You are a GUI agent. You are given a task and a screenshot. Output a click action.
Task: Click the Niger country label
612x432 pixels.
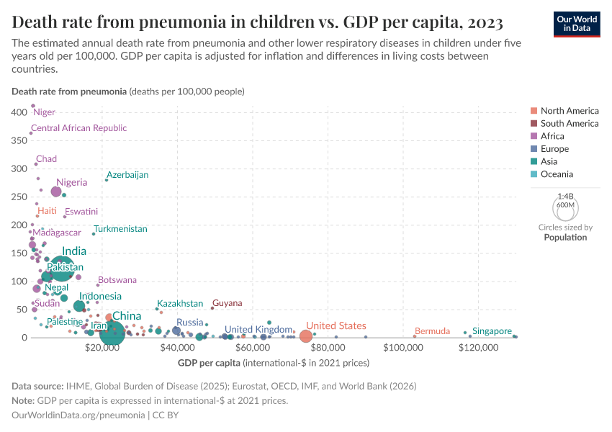tap(45, 112)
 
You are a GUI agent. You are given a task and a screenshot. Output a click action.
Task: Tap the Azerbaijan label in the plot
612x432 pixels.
tap(127, 175)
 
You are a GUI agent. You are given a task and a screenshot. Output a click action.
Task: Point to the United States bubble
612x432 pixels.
tap(306, 336)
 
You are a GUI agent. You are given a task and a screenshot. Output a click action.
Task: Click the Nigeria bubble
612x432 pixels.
tap(56, 192)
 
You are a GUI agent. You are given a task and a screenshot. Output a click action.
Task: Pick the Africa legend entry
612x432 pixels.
tap(552, 136)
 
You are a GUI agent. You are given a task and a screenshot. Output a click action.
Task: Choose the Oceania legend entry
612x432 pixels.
tap(557, 174)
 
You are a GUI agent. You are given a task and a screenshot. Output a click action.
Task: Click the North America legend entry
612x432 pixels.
tap(569, 111)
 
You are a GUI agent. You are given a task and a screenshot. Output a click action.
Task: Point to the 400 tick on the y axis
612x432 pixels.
tap(19, 113)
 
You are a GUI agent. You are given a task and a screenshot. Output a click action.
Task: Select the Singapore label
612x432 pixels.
tap(492, 331)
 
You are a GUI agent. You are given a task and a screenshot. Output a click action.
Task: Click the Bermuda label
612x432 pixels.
tap(433, 331)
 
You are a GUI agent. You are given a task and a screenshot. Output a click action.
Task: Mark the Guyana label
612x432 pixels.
tap(228, 303)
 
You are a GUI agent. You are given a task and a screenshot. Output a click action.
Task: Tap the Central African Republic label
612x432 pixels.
tap(78, 128)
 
